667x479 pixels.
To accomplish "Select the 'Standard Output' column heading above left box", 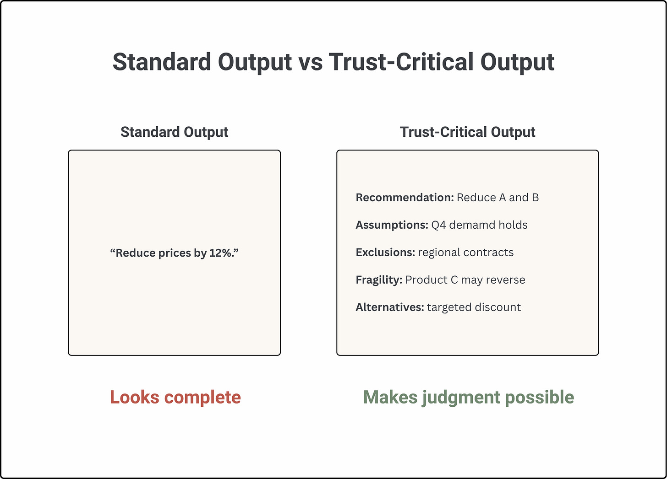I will coord(174,132).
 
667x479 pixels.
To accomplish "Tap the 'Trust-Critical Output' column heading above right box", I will coord(467,132).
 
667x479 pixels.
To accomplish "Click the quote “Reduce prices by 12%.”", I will coord(174,253).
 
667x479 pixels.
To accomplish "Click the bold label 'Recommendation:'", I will coord(405,198).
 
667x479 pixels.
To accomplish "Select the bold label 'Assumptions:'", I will coord(392,225).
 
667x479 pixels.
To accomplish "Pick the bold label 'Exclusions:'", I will coord(385,253).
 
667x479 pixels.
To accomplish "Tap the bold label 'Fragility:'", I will coord(379,280).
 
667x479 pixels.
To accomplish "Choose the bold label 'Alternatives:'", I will coord(390,307).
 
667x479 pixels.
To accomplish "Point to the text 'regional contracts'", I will coord(465,253).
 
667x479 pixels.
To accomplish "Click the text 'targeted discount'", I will coord(474,307).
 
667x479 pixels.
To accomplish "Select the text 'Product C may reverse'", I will coord(465,280).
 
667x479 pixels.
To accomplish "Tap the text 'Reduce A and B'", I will coord(498,198).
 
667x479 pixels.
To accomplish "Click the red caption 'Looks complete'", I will coord(175,397).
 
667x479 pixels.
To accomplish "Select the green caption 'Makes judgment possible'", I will coord(468,397).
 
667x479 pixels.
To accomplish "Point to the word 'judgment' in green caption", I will coord(460,397).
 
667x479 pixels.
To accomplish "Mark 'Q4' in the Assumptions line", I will coord(438,225).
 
